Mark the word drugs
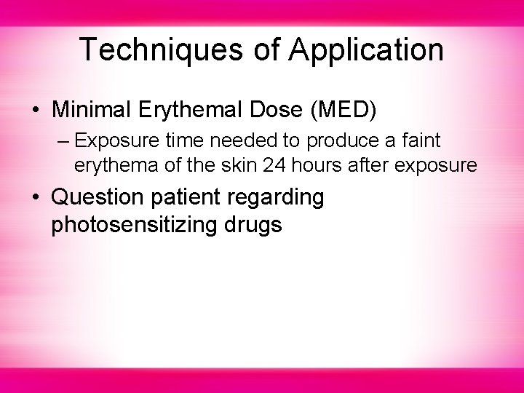click(255, 224)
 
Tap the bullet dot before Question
click(35, 198)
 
